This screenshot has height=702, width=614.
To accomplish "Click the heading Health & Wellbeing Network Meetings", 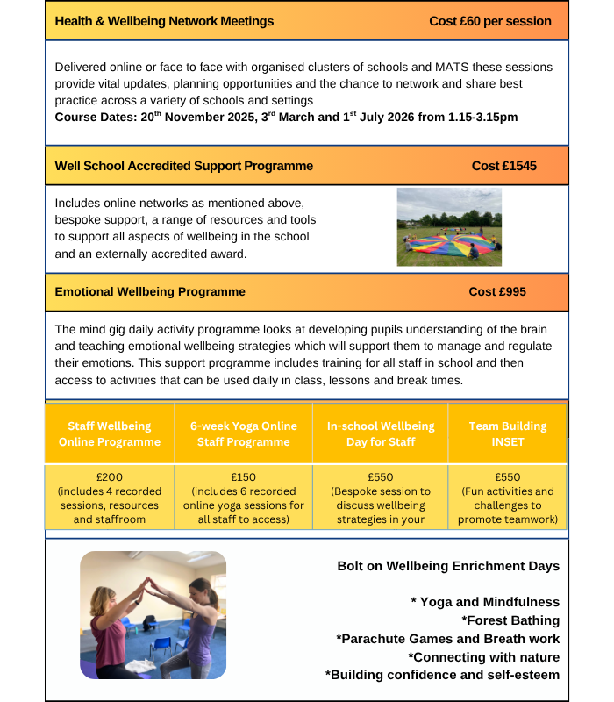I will (164, 21).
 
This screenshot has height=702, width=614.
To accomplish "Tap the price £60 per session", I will (490, 21).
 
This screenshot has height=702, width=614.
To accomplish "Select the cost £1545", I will (503, 166).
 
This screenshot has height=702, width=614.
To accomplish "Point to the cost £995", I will (497, 291).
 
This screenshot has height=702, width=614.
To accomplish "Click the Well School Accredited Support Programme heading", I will (183, 166).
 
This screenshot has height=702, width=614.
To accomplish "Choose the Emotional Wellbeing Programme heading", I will (150, 291).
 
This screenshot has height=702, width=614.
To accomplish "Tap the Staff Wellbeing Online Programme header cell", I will (110, 433).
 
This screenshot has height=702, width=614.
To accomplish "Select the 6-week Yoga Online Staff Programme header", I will (244, 433).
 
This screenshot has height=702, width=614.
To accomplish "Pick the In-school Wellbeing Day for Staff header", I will (380, 433).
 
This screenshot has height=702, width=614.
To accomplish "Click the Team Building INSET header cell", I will (507, 433).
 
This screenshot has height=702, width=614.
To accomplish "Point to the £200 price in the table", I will (110, 478).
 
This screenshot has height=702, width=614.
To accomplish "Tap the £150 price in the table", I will (244, 478).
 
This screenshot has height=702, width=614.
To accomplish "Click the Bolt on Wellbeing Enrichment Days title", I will (448, 566).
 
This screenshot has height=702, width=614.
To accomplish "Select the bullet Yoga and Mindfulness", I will (485, 602).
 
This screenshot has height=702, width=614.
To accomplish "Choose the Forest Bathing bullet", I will (510, 620).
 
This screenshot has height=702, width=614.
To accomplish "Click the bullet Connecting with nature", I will (483, 656).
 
